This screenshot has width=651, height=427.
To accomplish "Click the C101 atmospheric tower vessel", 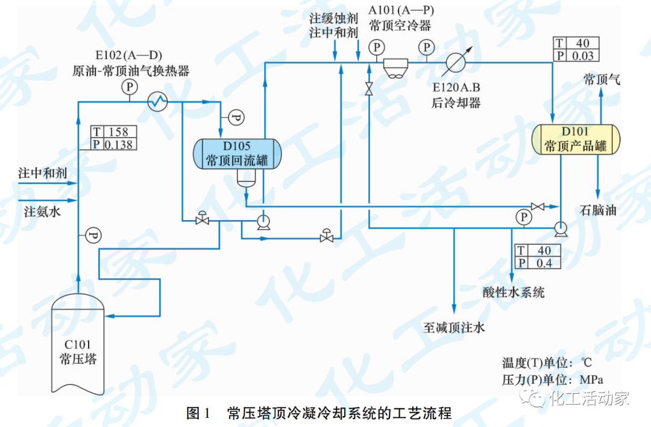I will [x=78, y=344].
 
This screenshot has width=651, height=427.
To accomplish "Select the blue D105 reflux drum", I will [x=236, y=153].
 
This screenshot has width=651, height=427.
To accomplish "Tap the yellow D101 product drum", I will [x=575, y=139].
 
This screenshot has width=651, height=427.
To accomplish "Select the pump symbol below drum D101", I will [x=560, y=227].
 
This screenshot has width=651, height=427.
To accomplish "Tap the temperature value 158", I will [x=118, y=132].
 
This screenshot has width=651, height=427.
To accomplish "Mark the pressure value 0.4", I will [x=544, y=263].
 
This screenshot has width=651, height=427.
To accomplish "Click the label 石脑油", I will [x=598, y=210].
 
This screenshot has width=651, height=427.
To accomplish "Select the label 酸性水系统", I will [x=514, y=293].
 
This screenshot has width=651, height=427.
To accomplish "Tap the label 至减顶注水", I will [x=453, y=327].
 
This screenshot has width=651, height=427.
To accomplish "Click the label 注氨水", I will [x=42, y=212].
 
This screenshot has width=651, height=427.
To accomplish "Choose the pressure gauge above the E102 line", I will [x=130, y=87].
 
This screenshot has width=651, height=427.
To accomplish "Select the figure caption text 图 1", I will [x=198, y=413].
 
